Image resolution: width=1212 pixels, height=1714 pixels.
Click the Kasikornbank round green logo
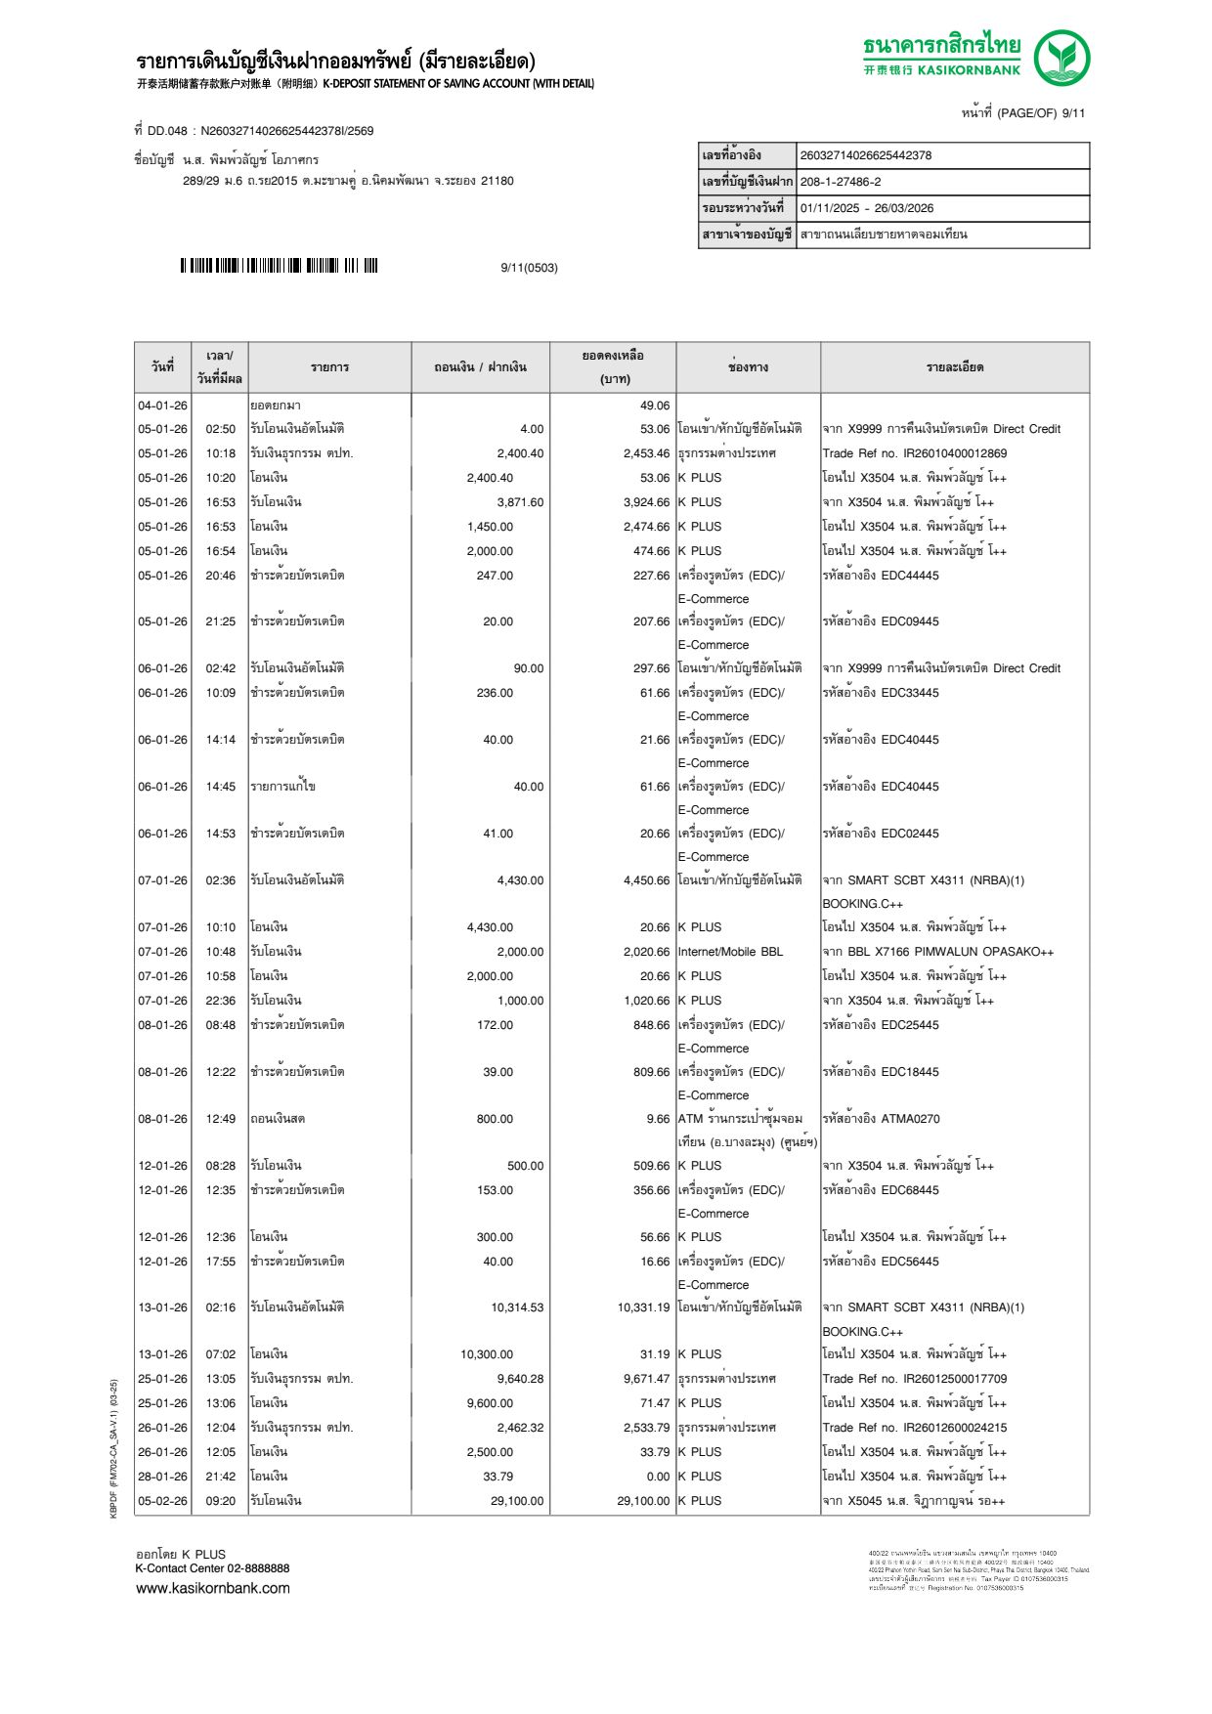(1061, 58)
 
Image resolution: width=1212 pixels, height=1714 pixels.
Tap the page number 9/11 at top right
(1073, 113)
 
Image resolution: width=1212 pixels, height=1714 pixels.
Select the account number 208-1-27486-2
(841, 182)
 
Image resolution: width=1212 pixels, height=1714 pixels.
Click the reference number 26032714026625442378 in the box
(865, 155)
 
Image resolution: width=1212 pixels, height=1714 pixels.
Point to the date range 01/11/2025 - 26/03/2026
(867, 208)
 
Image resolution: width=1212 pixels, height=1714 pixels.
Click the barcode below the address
(279, 266)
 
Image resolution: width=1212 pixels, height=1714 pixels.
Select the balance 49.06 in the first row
(655, 406)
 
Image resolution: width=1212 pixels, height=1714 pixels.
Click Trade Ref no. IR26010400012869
(914, 453)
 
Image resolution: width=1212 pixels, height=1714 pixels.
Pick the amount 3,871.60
(520, 502)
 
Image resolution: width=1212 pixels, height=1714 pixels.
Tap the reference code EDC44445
(909, 576)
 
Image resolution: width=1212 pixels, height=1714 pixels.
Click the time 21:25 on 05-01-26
(220, 621)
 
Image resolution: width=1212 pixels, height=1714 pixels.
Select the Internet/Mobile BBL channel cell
(730, 952)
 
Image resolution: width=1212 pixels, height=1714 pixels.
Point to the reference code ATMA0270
(910, 1119)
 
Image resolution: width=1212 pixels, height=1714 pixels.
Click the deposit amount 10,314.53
(517, 1307)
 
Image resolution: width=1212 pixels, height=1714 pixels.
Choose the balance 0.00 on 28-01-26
(658, 1477)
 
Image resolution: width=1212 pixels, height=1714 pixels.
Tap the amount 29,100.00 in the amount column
(517, 1501)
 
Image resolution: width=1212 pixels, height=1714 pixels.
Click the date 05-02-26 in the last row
(162, 1501)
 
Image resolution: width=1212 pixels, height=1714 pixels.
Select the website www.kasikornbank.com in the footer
(213, 1588)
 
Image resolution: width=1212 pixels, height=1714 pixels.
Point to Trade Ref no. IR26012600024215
(914, 1428)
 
